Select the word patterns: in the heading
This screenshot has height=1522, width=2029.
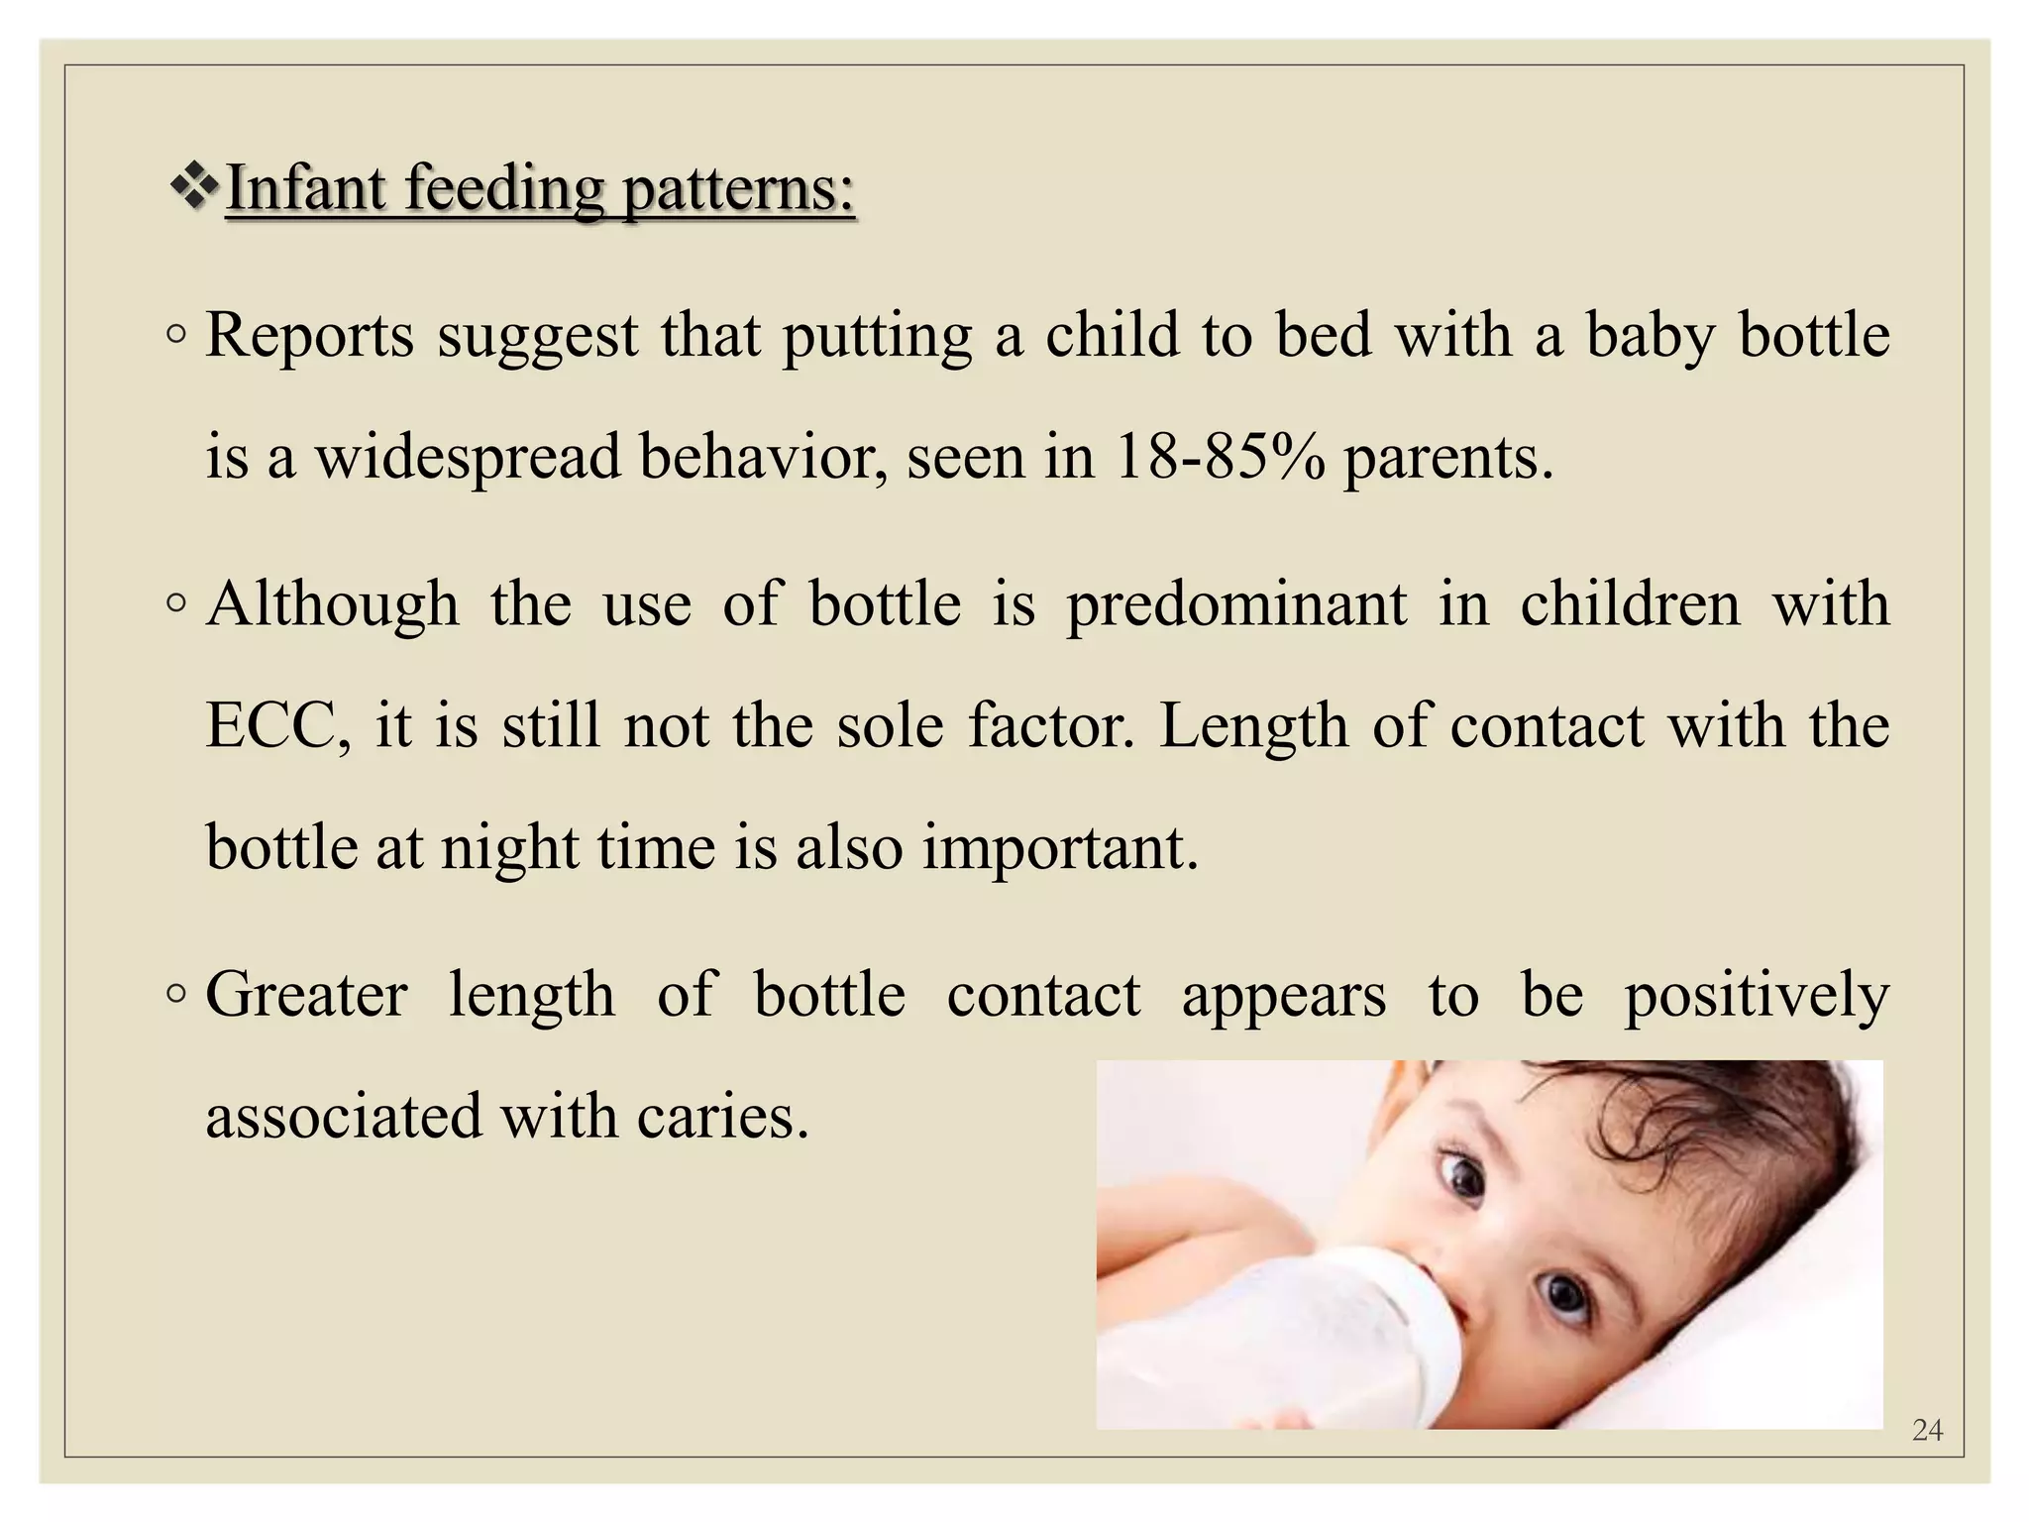coord(738,188)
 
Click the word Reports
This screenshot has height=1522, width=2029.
coord(309,335)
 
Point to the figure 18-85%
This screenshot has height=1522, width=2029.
coord(1219,457)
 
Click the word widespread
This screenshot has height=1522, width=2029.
coord(467,458)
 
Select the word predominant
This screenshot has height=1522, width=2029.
coord(1235,604)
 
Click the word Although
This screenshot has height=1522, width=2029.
coord(333,604)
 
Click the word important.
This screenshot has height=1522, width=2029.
coord(1060,848)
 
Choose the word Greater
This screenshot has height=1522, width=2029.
coord(306,994)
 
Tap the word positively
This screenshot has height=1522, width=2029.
coord(1757,996)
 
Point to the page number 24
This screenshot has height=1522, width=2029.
coord(1927,1430)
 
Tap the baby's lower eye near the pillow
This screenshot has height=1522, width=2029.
coord(1564,1293)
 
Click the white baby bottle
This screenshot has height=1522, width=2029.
coord(1288,1333)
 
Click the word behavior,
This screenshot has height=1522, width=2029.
coord(762,458)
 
